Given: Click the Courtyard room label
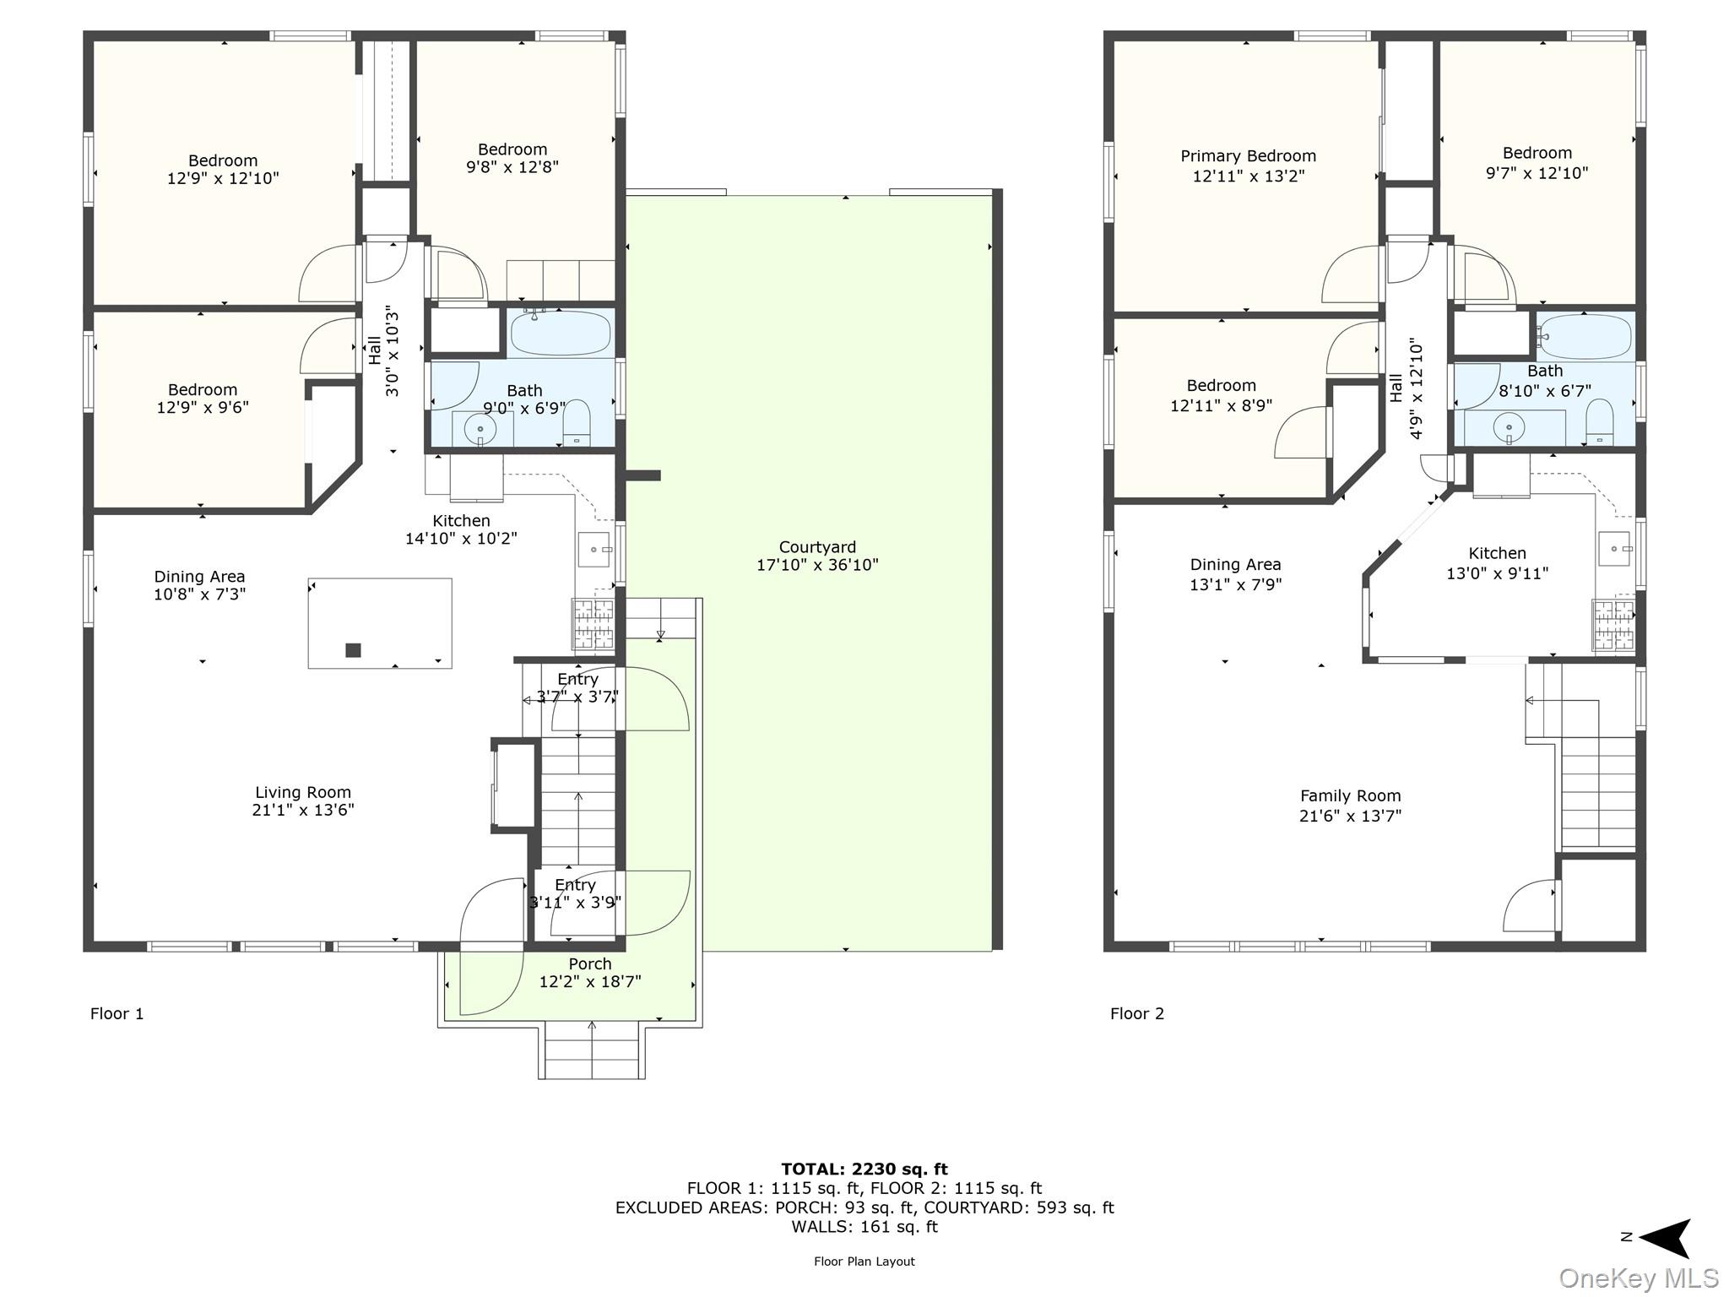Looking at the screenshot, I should click(816, 547).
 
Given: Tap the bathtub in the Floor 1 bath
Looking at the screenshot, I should click(561, 333).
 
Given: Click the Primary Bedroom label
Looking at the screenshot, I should click(1248, 156).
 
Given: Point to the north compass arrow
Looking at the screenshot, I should click(1663, 1238).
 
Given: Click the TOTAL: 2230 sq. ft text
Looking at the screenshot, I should click(864, 1169).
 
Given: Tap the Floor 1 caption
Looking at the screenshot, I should click(117, 1013).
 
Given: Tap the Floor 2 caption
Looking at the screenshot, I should click(1136, 1013).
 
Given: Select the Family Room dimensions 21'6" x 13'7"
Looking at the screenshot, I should click(1350, 816).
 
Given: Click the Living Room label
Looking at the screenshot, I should click(303, 792).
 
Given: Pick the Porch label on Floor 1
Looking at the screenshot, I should click(590, 963).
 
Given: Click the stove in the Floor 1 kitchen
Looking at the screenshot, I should click(593, 625).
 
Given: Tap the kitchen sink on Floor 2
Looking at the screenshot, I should click(1614, 549).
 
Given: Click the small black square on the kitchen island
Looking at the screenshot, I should click(353, 650).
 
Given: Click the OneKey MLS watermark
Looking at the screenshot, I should click(1638, 1278).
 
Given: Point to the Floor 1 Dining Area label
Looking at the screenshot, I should click(199, 577).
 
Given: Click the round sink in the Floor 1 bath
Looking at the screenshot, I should click(480, 430).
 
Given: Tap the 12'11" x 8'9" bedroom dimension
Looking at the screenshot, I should click(1221, 406).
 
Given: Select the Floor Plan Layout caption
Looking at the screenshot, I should click(864, 1262).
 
